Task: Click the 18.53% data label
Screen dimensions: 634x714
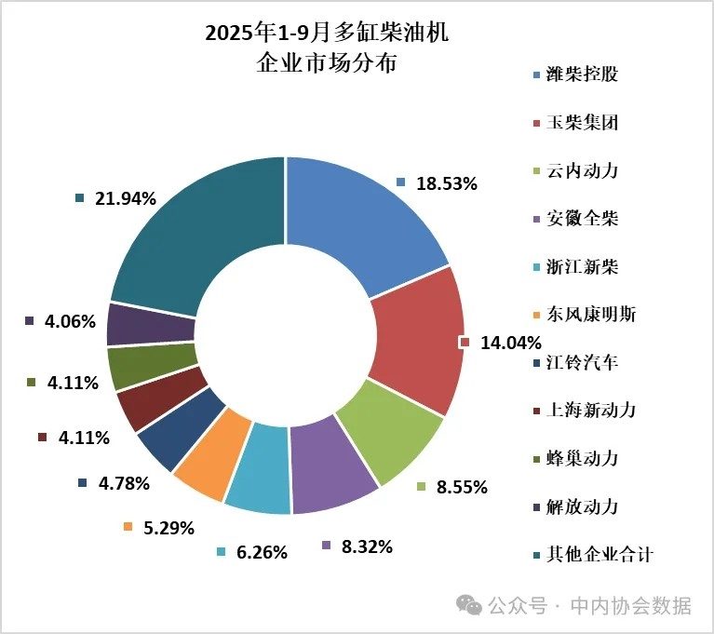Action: tap(447, 184)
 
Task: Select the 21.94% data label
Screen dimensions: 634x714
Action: tap(125, 198)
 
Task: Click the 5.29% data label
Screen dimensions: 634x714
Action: tap(168, 528)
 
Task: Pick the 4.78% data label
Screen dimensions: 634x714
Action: tap(123, 483)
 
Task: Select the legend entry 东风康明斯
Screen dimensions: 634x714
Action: tap(592, 315)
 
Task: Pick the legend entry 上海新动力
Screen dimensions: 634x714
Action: tap(592, 411)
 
